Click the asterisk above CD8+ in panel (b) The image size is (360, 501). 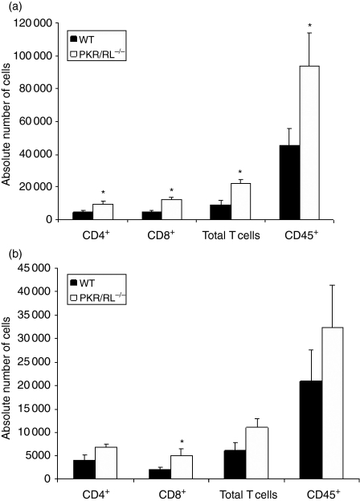(x=182, y=442)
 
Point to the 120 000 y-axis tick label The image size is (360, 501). (x=40, y=22)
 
